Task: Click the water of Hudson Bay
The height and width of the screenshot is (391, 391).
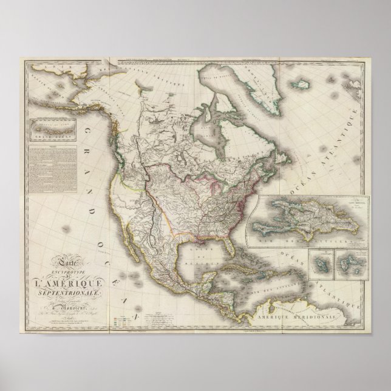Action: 211,131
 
